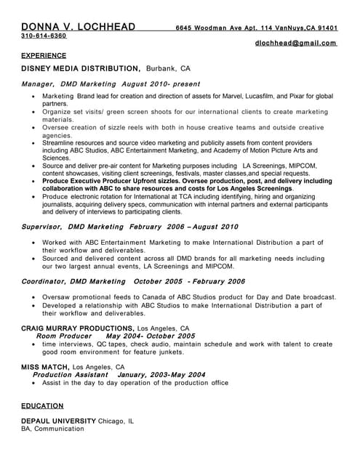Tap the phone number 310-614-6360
(x=44, y=36)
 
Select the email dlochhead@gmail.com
(x=296, y=43)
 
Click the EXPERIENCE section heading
(x=44, y=55)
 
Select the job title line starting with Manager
(x=110, y=84)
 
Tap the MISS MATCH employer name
(x=45, y=367)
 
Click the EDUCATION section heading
(x=42, y=406)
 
